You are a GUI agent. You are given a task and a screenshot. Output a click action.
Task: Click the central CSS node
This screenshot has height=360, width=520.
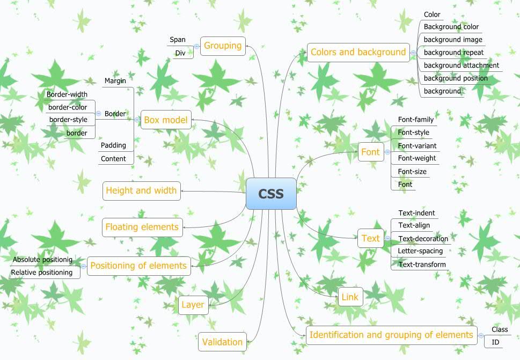[271, 194]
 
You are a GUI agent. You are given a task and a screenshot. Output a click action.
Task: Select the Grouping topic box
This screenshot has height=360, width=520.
[223, 46]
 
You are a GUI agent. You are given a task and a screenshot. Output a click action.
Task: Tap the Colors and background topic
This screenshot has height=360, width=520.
[358, 52]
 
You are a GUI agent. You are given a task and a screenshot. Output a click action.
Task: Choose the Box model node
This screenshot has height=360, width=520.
[166, 120]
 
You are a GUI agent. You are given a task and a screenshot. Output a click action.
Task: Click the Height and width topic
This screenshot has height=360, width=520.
[141, 190]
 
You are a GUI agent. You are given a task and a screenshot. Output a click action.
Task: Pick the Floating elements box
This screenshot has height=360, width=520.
[142, 227]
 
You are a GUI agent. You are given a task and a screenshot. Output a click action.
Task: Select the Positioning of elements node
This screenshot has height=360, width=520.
[138, 266]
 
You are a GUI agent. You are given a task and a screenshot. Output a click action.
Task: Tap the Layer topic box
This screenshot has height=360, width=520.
[193, 305]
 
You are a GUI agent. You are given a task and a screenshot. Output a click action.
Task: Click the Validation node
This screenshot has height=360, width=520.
[222, 342]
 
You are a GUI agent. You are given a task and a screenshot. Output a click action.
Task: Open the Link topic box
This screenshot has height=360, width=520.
[350, 297]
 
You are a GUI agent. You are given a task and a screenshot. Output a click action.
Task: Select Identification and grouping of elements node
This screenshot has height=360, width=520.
[391, 335]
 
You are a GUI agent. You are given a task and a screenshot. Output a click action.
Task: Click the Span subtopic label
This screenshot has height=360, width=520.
[178, 40]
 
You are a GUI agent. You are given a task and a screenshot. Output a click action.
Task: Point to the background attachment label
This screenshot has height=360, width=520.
[461, 65]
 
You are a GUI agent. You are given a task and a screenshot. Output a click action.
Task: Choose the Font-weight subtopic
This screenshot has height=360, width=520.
[417, 158]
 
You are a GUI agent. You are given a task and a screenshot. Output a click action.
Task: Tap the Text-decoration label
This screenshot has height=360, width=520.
[423, 238]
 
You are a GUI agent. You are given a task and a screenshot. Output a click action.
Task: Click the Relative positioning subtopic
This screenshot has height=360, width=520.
[42, 273]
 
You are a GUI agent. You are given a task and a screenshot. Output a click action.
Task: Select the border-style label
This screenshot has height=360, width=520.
[68, 119]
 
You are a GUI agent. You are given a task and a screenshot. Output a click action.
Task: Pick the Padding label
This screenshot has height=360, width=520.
[113, 145]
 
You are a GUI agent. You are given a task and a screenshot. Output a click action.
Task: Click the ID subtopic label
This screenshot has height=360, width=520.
[495, 342]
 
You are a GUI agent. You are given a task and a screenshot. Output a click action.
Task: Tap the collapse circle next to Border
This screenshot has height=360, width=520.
[98, 114]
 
